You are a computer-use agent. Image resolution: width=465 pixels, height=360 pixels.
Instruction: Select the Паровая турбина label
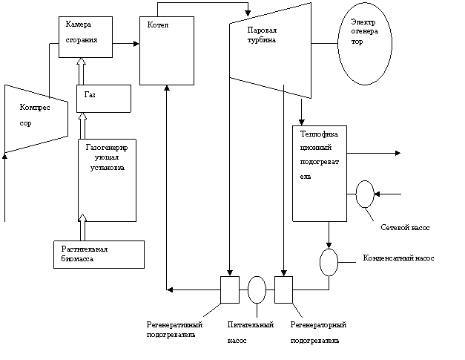(262, 35)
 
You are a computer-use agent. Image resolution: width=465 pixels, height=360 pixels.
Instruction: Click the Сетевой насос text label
(405, 228)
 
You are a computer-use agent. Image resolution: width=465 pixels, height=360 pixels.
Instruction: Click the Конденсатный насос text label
(398, 258)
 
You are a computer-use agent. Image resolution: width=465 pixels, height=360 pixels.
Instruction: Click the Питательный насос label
(250, 333)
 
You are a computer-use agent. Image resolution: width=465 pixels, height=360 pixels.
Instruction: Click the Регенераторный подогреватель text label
(318, 333)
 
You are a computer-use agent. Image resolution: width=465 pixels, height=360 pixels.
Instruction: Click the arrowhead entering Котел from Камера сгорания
(136, 44)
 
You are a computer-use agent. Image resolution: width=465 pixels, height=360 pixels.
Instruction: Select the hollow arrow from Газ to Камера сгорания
(81, 71)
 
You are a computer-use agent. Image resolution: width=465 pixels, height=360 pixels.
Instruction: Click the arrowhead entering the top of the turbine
(248, 13)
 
